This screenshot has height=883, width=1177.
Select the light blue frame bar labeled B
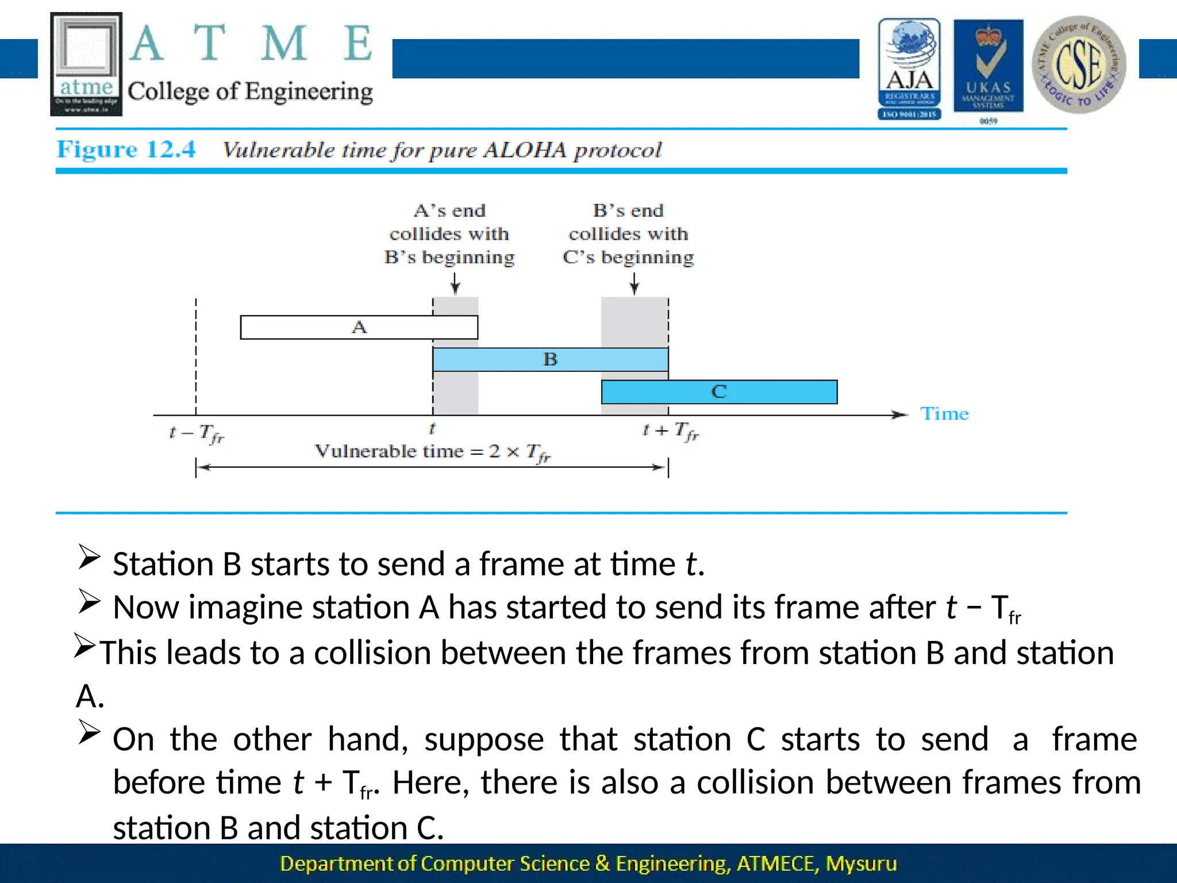550,360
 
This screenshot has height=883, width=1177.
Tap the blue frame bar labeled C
719,392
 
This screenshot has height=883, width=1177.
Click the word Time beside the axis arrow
944,414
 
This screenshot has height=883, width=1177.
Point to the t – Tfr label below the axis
197,433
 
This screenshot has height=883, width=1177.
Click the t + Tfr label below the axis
670,431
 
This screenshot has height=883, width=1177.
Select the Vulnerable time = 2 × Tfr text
432,452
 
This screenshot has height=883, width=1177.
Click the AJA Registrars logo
909,69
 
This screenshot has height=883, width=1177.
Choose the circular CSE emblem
1079,64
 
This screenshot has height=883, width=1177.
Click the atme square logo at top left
86,64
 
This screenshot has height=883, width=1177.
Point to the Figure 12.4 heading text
126,149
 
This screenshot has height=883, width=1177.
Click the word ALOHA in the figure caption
524,150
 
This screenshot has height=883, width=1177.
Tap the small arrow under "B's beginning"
455,283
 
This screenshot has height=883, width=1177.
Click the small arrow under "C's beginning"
634,283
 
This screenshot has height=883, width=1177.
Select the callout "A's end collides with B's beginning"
449,234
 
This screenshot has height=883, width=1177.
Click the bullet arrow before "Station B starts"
90,558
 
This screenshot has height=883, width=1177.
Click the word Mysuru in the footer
861,863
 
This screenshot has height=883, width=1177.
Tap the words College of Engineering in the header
250,92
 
